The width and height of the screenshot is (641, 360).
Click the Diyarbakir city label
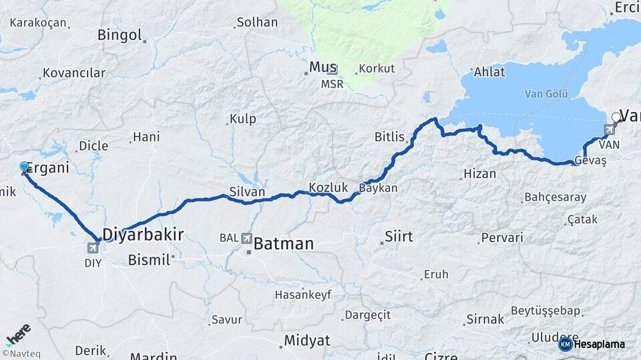[143, 234]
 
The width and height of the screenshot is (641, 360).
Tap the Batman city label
[284, 244]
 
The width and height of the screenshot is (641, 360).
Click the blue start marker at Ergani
[25, 167]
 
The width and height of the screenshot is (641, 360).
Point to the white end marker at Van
[616, 117]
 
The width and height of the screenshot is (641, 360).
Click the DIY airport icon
[92, 248]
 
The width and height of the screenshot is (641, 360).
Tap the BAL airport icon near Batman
[247, 238]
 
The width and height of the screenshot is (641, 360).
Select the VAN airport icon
[609, 129]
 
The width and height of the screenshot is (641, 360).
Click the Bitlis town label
[390, 137]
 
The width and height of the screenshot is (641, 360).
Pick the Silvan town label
[247, 192]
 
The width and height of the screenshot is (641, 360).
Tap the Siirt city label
[399, 237]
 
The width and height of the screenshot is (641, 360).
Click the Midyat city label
[307, 341]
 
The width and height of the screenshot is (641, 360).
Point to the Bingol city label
[120, 35]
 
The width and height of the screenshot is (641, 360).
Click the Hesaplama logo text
[599, 344]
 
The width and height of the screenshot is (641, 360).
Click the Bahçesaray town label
[556, 197]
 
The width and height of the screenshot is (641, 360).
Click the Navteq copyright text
[22, 353]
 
